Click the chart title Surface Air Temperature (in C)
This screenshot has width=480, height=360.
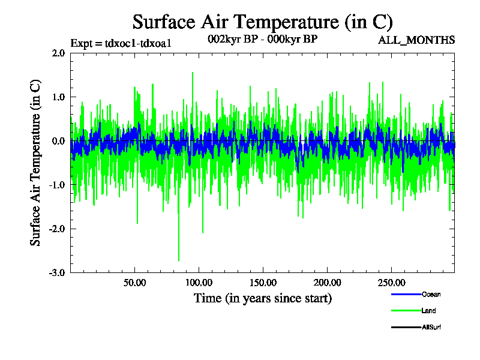coord(262,22)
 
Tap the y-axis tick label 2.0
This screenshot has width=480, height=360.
coord(58,53)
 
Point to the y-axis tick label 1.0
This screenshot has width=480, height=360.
coord(58,97)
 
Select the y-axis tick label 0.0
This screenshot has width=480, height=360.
coord(58,141)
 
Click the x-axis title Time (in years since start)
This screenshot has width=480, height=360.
coord(262,298)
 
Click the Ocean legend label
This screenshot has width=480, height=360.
coord(431,294)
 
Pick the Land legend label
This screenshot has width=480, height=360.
coord(429,311)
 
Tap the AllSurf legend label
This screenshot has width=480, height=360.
coord(432,327)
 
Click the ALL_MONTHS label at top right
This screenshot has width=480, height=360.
coord(416,41)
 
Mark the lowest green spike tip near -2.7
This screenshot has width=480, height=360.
coord(179,260)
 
